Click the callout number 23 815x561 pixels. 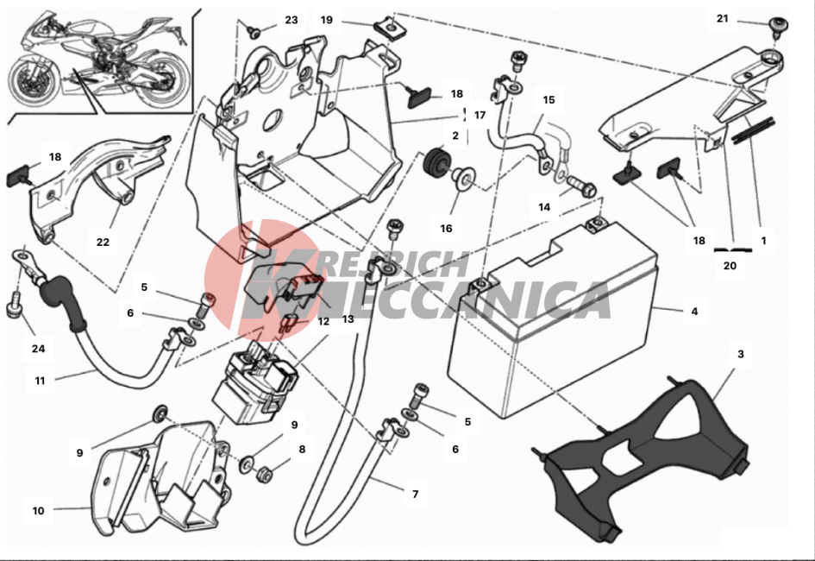pyautogui.click(x=292, y=20)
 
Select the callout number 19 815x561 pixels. pyautogui.click(x=326, y=20)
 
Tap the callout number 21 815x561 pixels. pyautogui.click(x=723, y=19)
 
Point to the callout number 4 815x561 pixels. pyautogui.click(x=695, y=312)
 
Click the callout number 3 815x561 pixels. pyautogui.click(x=741, y=354)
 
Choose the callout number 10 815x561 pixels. pyautogui.click(x=39, y=511)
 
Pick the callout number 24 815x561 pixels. pyautogui.click(x=39, y=349)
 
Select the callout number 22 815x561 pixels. pyautogui.click(x=103, y=242)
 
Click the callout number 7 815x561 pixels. pyautogui.click(x=416, y=494)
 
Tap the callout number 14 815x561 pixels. pyautogui.click(x=544, y=207)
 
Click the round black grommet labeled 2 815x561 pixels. pyautogui.click(x=435, y=161)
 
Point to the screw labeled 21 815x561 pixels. pyautogui.click(x=779, y=26)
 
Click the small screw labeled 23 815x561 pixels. pyautogui.click(x=254, y=32)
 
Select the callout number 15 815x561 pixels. pyautogui.click(x=549, y=100)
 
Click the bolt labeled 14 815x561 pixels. pyautogui.click(x=580, y=186)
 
